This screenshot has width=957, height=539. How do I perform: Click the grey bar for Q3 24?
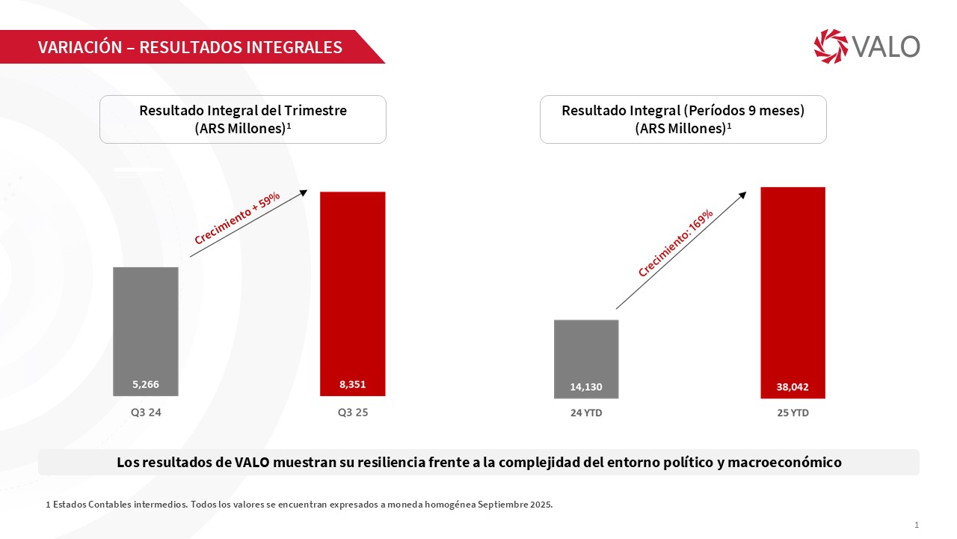(x=146, y=322)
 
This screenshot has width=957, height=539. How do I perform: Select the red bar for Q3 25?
(x=352, y=284)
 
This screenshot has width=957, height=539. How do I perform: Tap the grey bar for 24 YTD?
(x=586, y=348)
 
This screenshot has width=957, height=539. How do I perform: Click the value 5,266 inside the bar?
(x=146, y=385)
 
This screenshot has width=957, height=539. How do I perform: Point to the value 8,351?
(x=352, y=385)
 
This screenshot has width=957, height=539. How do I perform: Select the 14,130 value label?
(x=586, y=387)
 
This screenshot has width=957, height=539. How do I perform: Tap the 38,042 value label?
(x=793, y=387)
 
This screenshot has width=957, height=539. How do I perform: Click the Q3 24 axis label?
(x=146, y=412)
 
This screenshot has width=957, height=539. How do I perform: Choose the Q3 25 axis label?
(x=352, y=412)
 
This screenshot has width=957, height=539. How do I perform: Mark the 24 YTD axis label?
(x=586, y=412)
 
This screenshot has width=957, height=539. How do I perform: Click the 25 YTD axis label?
(x=793, y=412)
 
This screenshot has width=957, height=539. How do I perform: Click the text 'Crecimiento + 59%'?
(x=237, y=218)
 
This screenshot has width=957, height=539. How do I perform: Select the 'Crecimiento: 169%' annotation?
(x=675, y=243)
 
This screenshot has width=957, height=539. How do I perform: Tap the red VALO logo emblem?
(x=831, y=46)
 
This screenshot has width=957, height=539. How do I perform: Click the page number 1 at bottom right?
(x=917, y=525)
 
